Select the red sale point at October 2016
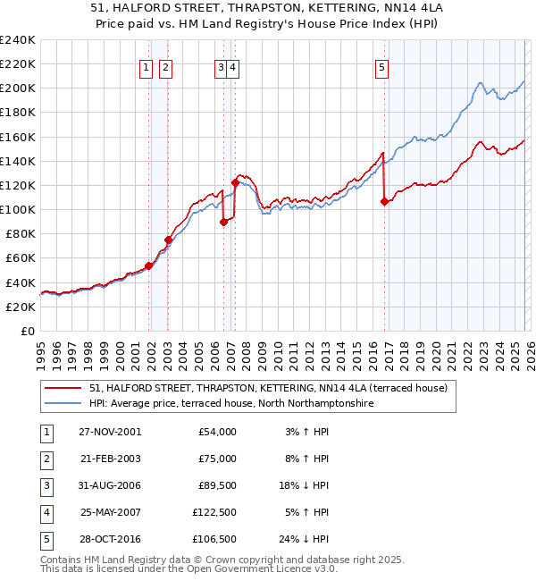(385, 202)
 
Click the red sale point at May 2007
(236, 182)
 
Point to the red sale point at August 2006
(223, 223)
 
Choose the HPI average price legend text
(230, 404)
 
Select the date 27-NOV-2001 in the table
(110, 432)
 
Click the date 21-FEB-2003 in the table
(110, 459)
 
